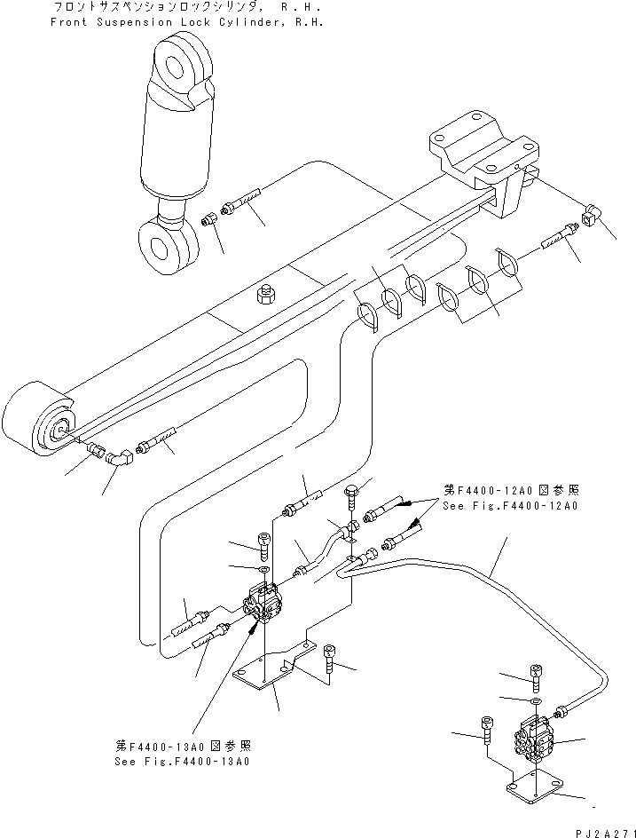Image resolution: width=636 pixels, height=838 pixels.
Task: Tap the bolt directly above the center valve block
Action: pyautogui.click(x=263, y=542)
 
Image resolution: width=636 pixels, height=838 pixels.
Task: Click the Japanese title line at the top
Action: pyautogui.click(x=183, y=6)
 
